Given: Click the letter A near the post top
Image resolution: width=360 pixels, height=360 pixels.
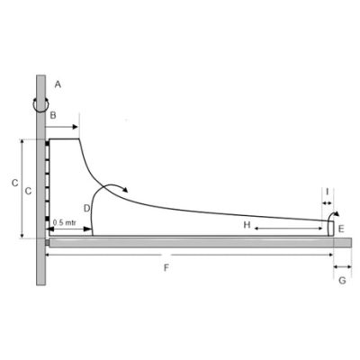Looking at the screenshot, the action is pyautogui.click(x=58, y=85).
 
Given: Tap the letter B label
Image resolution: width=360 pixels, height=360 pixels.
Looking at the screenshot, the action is pyautogui.click(x=53, y=115).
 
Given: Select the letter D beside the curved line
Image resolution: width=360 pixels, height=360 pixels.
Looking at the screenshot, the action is pyautogui.click(x=86, y=208).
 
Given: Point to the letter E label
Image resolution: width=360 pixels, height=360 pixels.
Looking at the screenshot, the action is pyautogui.click(x=341, y=229).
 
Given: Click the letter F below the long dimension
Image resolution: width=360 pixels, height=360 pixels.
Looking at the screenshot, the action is pyautogui.click(x=166, y=268).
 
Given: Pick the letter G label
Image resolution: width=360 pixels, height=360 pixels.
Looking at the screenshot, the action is pyautogui.click(x=342, y=281).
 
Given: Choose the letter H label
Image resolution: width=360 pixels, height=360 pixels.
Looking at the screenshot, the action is pyautogui.click(x=247, y=225).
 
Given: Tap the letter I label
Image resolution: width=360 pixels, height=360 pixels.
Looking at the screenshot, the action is pyautogui.click(x=328, y=191).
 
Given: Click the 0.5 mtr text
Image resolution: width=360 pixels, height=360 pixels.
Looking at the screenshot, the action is pyautogui.click(x=65, y=222).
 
